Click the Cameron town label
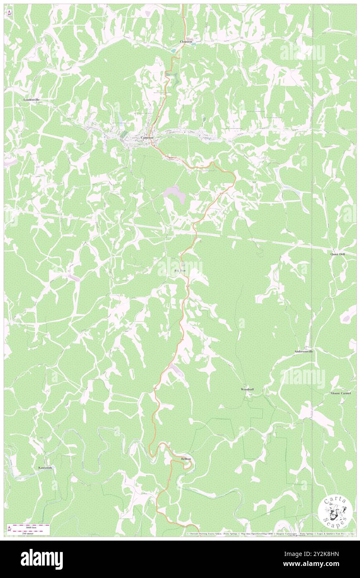tap(147, 138)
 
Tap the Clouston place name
tap(186, 42)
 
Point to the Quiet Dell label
tap(338, 254)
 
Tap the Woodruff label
tap(247, 389)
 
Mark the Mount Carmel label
tap(340, 393)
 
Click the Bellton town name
tap(186, 459)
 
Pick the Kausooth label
tap(45, 467)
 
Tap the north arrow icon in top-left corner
tap(9, 12)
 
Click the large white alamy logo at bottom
tap(42, 559)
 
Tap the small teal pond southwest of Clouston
tap(172, 50)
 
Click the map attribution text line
tap(270, 534)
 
